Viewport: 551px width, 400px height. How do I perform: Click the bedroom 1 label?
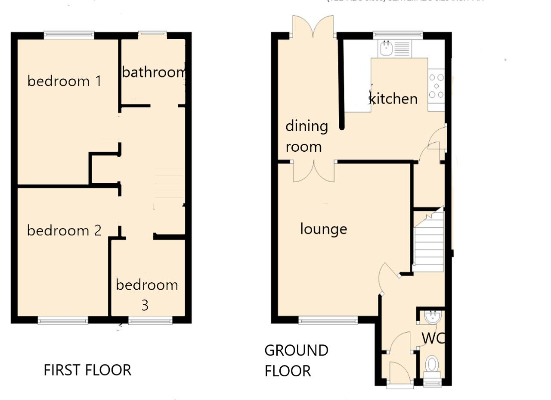65,81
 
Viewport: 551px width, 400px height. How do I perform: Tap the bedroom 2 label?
65,231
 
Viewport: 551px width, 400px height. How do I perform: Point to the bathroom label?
154,72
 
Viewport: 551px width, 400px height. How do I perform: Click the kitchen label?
393,99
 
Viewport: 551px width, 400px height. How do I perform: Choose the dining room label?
306,136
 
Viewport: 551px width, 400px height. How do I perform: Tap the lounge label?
323,229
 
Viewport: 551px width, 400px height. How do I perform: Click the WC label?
432,339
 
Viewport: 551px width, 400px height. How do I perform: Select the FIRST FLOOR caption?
87,370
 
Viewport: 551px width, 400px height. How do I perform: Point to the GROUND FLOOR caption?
296,361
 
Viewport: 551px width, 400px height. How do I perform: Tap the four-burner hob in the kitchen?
436,86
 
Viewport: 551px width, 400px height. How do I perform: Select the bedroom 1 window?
69,35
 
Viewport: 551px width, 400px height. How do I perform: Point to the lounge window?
328,320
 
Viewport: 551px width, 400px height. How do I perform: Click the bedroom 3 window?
150,320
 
